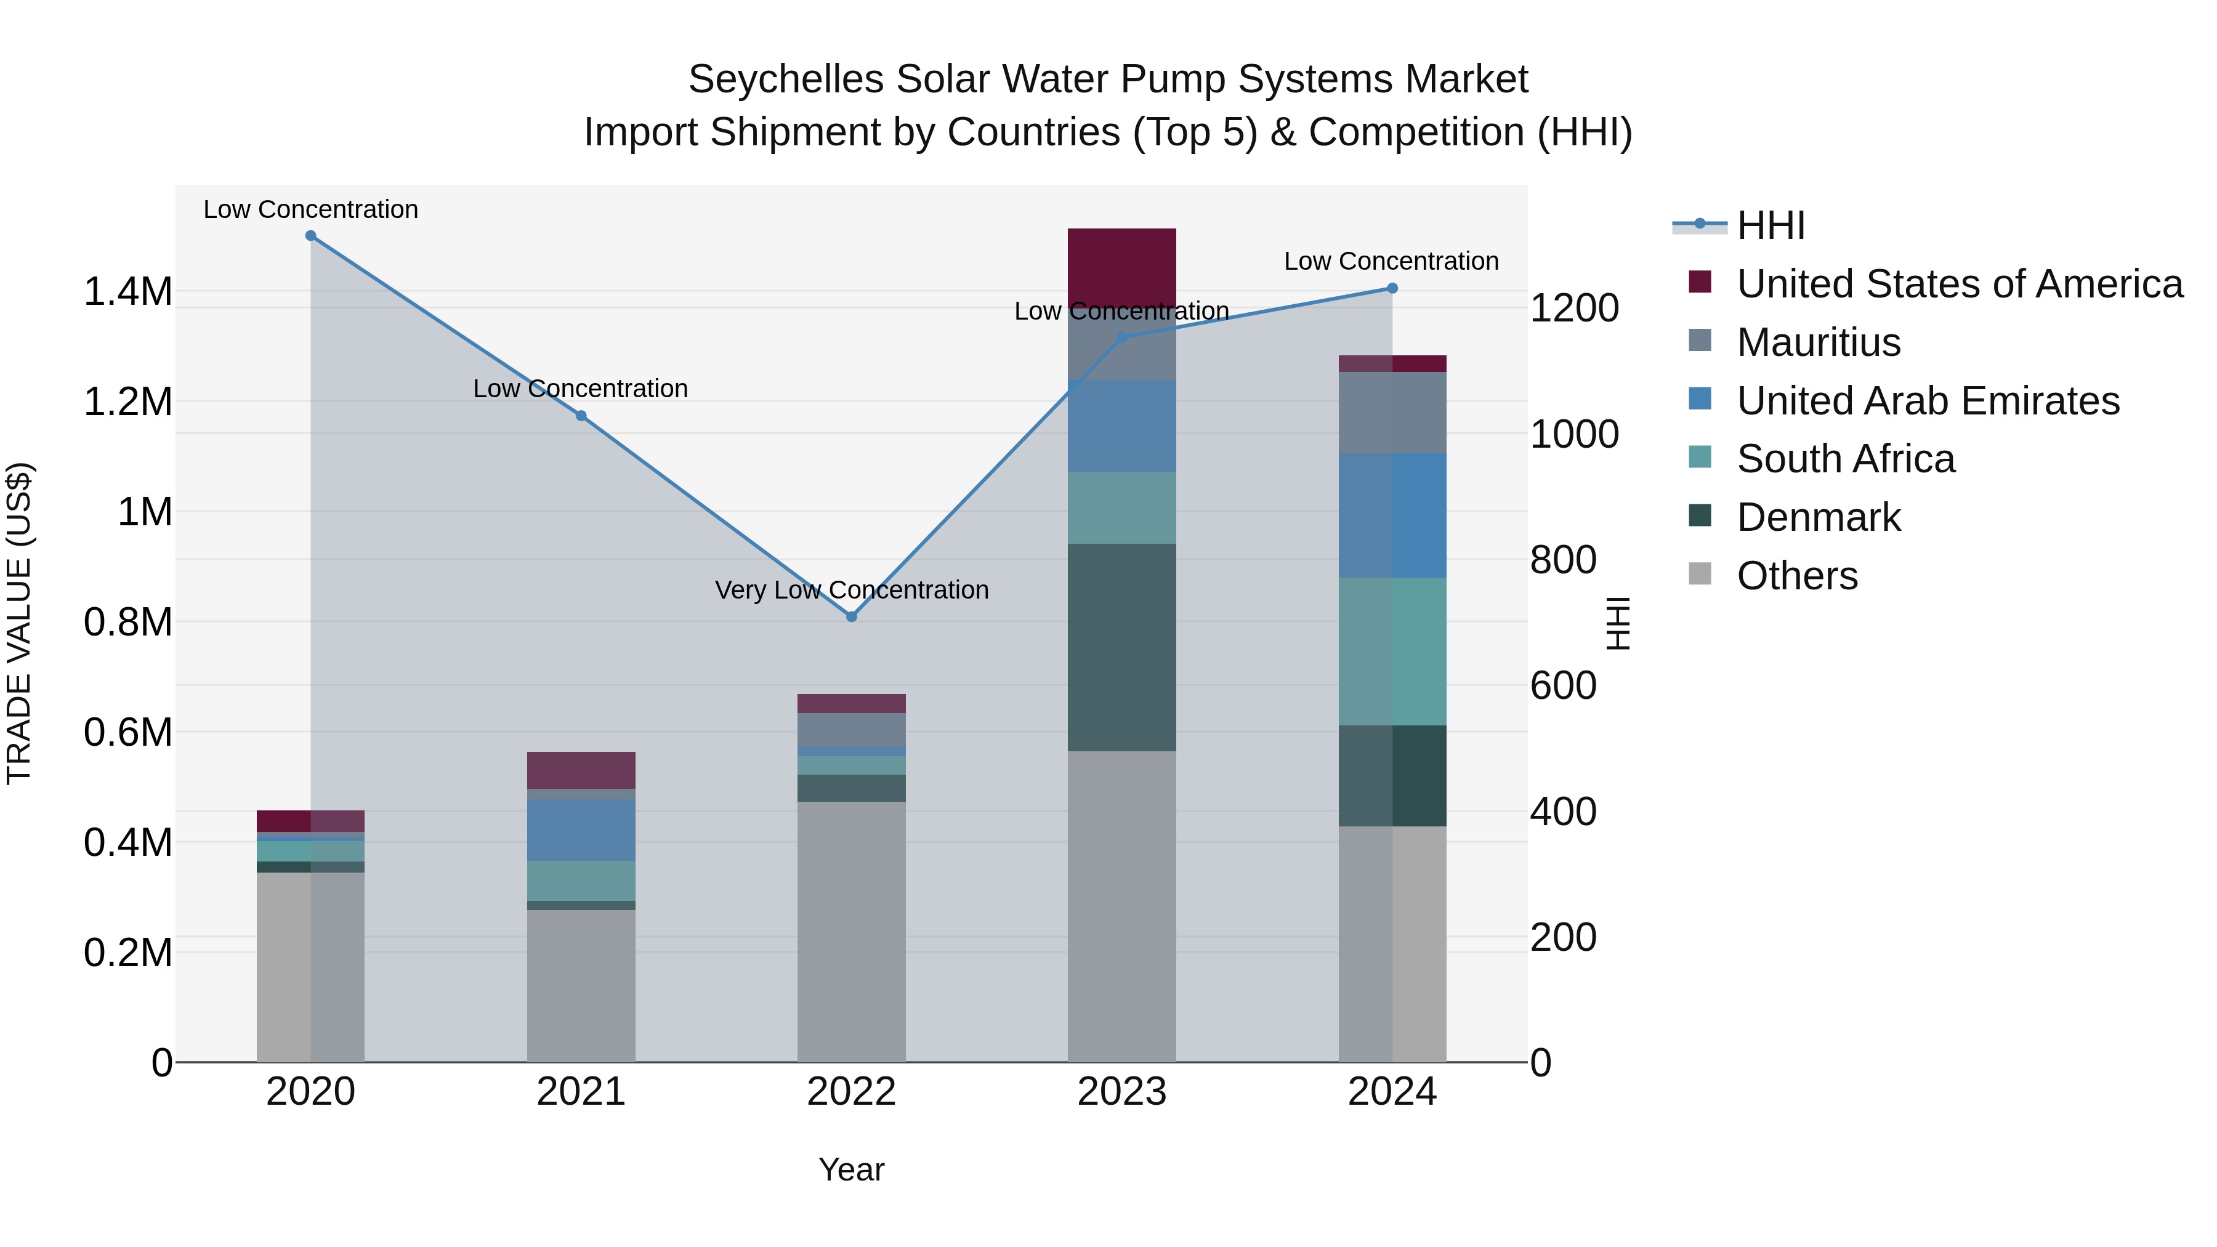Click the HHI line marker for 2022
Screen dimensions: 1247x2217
click(851, 616)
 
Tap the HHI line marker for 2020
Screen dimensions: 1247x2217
click(311, 236)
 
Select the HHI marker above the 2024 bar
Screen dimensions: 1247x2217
click(1392, 288)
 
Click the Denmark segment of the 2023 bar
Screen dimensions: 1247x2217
click(1121, 647)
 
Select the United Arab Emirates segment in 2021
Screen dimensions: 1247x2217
click(581, 831)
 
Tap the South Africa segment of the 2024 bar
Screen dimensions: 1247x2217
click(1392, 652)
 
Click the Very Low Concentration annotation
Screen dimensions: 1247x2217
click(851, 591)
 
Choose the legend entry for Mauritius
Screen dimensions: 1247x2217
click(1818, 342)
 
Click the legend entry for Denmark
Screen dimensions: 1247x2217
click(1818, 517)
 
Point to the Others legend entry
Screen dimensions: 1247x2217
click(1796, 576)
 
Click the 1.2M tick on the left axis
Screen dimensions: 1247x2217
click(127, 402)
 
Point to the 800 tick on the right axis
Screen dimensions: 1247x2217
click(1564, 560)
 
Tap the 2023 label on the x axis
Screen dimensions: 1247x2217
click(1121, 1092)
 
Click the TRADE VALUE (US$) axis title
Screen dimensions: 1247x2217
click(19, 623)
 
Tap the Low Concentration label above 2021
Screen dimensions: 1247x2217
click(581, 389)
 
